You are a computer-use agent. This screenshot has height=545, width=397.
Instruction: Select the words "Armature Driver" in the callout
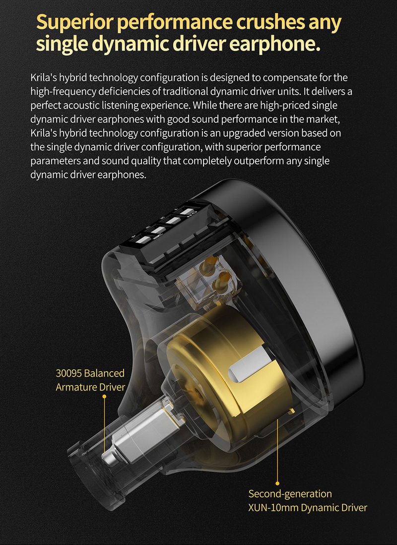90,387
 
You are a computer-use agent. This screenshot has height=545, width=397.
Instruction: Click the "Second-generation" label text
290,494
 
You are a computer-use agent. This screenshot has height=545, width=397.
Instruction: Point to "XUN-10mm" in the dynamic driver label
270,508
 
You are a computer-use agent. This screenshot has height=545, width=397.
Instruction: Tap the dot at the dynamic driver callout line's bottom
277,483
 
